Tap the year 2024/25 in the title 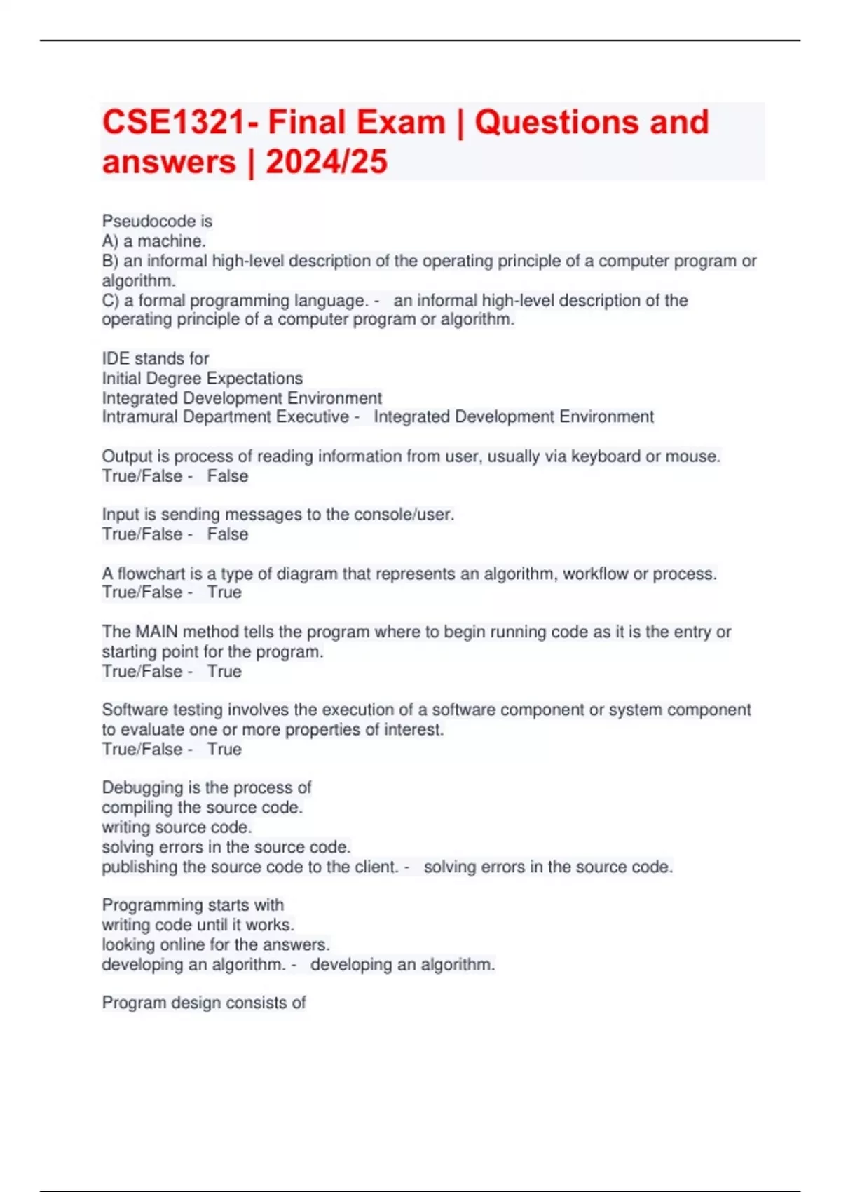[327, 163]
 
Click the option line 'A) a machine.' [154, 241]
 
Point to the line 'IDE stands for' [156, 358]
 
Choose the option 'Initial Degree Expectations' [203, 379]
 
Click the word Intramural [140, 417]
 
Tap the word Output [127, 456]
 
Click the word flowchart [150, 574]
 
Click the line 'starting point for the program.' [212, 651]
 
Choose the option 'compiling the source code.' [203, 808]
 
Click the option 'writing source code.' [177, 827]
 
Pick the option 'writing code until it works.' [198, 925]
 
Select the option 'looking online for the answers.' [216, 944]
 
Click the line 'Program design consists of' [204, 1003]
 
